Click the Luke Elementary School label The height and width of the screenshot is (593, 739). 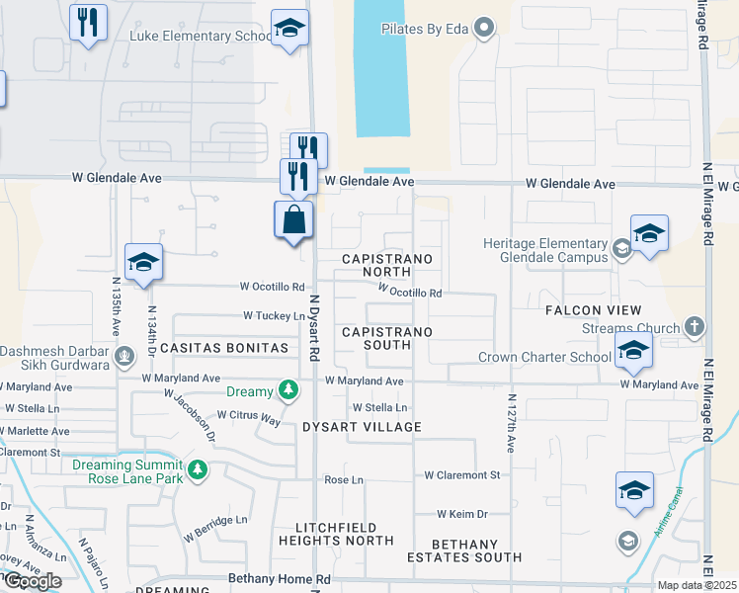(201, 37)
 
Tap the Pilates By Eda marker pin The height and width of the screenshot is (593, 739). (484, 28)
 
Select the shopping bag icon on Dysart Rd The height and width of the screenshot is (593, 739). (294, 220)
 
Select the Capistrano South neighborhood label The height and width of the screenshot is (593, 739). (386, 339)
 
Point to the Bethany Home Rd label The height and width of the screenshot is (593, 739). (278, 578)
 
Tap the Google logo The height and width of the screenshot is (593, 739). (32, 581)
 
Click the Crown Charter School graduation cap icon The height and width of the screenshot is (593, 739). (632, 350)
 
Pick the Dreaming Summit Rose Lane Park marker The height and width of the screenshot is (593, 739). (199, 468)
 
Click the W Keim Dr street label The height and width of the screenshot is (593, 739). (463, 514)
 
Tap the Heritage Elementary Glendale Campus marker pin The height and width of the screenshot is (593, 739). (621, 249)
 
